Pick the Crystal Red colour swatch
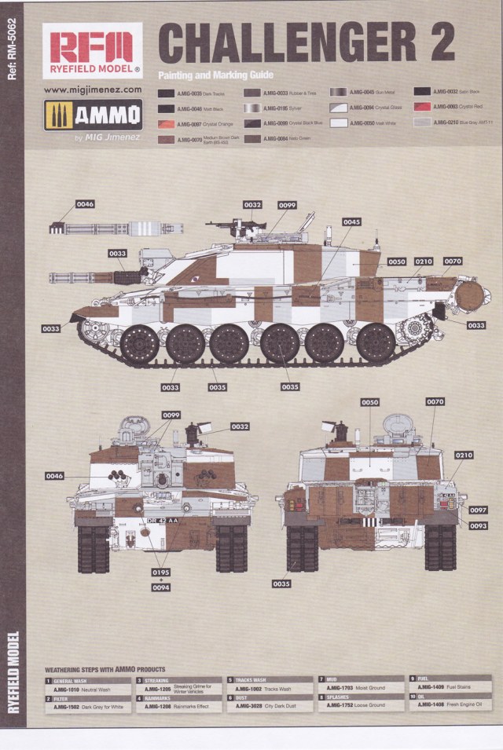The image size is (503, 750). [x=424, y=107]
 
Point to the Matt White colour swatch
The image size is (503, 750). [x=340, y=123]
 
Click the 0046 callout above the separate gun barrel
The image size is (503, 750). [x=85, y=204]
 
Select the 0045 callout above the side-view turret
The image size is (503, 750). [x=351, y=222]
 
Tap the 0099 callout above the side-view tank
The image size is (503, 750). [x=287, y=205]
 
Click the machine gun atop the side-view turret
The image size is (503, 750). [x=233, y=225]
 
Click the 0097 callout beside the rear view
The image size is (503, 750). [x=478, y=510]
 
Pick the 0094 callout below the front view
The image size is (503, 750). [x=160, y=587]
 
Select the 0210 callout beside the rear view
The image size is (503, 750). [x=464, y=455]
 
